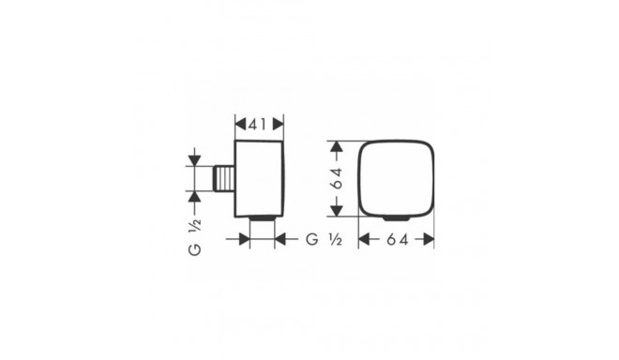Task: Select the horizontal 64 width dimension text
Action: [398, 239]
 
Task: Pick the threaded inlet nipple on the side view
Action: [223, 178]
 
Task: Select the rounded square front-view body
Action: [398, 178]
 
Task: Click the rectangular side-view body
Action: [259, 178]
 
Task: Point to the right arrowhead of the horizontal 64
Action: [430, 239]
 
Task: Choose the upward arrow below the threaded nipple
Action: [194, 196]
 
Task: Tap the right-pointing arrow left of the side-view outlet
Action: [244, 239]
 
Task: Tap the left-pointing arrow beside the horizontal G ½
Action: [280, 239]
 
